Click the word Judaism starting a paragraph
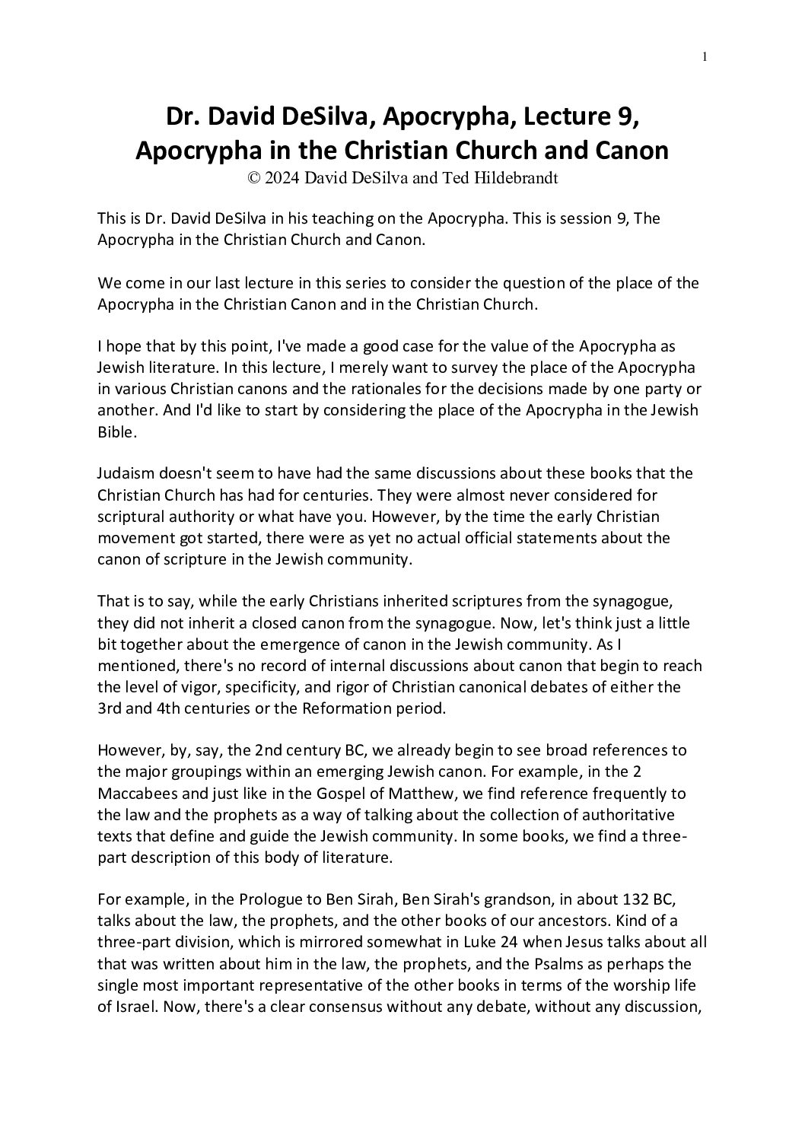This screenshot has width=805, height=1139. tap(126, 473)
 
